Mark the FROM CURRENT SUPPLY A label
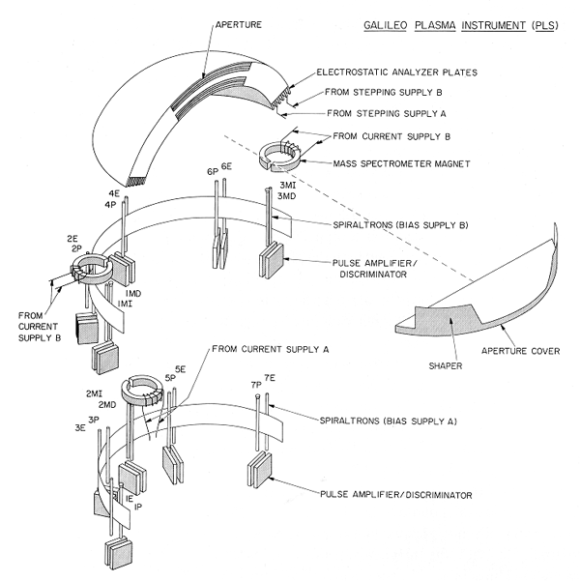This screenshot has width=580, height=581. click(x=272, y=347)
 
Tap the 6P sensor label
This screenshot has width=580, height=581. click(x=212, y=171)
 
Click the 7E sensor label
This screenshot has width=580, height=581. click(x=270, y=378)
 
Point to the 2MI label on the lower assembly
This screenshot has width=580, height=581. click(x=95, y=393)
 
